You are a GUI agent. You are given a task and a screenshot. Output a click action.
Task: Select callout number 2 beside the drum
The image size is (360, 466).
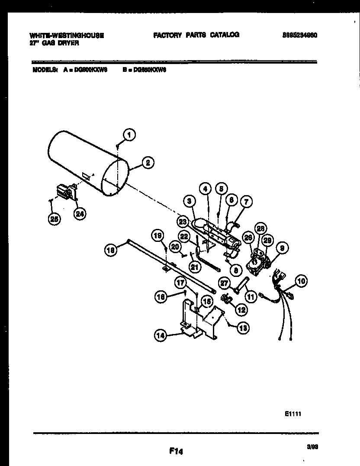pos(148,163)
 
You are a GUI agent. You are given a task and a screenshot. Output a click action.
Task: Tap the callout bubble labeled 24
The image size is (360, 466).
pos(79,213)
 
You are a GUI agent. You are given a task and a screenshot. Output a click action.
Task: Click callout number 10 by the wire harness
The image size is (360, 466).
pos(302,281)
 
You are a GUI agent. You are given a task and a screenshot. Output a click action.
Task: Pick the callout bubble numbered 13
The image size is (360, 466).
pos(243,328)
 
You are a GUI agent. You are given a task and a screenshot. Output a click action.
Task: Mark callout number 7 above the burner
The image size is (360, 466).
pos(246,201)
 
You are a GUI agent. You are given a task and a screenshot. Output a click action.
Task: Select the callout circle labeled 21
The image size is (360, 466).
pos(195,267)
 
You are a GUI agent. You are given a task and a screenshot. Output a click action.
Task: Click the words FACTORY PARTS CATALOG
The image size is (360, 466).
pos(196,35)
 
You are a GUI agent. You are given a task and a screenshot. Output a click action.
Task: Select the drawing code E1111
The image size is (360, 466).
pos(292,414)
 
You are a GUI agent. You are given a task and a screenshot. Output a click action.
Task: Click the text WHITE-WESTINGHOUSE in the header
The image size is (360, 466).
pos(67,35)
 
